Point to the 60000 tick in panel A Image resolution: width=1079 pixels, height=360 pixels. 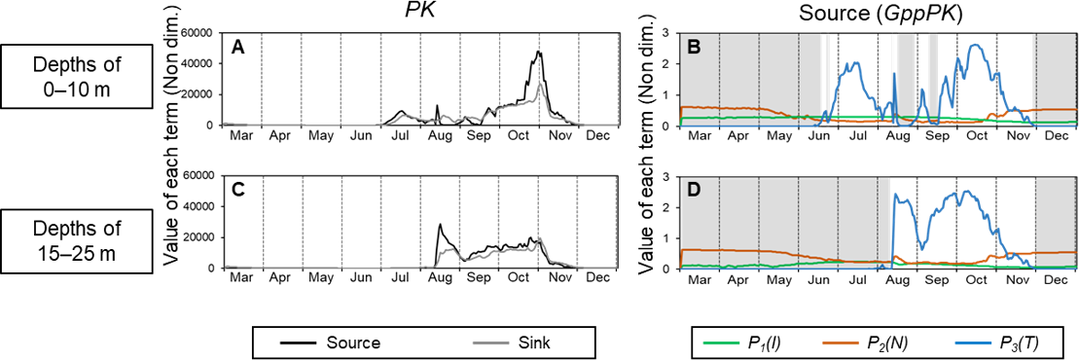click(198, 32)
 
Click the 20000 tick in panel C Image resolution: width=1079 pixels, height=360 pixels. click(198, 237)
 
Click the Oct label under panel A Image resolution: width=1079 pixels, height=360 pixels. click(516, 135)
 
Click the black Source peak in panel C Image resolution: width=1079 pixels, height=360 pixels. click(440, 225)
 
